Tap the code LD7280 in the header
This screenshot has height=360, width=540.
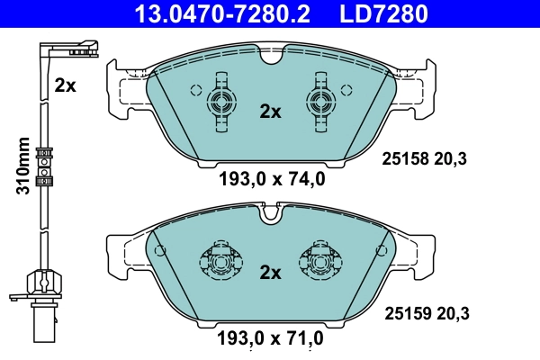click(x=383, y=14)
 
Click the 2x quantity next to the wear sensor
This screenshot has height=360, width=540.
click(x=65, y=85)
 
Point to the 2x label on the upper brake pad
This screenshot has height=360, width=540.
click(x=270, y=112)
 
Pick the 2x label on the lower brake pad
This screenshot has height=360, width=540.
click(x=270, y=271)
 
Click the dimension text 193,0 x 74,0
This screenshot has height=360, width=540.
click(x=271, y=178)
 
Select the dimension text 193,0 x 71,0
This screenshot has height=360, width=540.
click(x=271, y=339)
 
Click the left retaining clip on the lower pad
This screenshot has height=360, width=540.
click(x=220, y=261)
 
